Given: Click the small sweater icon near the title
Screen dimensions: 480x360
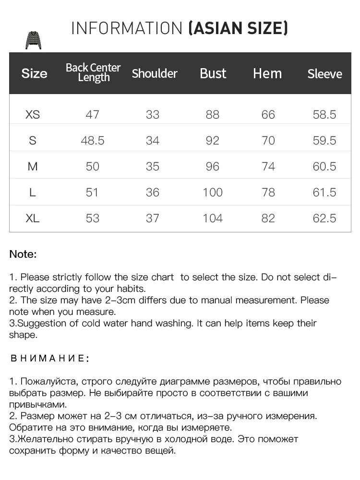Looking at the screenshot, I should click(33, 40).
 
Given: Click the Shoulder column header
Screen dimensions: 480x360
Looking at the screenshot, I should click(155, 73).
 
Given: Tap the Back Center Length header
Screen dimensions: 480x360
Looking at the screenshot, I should click(93, 72).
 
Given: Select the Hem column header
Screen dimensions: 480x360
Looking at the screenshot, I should click(267, 73).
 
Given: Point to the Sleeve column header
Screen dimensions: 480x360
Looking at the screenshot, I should click(325, 74).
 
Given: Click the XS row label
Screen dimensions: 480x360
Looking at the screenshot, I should click(33, 115).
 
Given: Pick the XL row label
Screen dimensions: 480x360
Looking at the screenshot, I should click(33, 218).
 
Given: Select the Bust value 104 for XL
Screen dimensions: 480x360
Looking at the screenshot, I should click(213, 218).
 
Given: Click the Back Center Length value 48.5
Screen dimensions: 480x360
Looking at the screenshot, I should click(93, 141).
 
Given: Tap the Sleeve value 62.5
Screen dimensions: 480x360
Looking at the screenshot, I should click(325, 218).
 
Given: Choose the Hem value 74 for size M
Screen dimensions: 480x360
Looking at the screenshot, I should click(268, 167).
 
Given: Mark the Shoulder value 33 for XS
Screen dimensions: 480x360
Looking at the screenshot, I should click(153, 115).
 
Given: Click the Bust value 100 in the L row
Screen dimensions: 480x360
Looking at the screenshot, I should click(213, 192).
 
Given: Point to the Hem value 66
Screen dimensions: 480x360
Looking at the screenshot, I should click(268, 115).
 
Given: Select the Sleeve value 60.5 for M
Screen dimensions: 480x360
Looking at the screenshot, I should click(325, 167).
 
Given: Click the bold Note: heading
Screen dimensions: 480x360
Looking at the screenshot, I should click(23, 254).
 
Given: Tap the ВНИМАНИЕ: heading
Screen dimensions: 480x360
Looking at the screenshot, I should click(49, 359).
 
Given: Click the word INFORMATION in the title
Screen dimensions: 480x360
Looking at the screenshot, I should click(127, 28).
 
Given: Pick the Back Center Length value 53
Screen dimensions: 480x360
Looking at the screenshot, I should click(92, 218).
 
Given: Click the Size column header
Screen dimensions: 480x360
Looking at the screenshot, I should click(34, 73).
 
